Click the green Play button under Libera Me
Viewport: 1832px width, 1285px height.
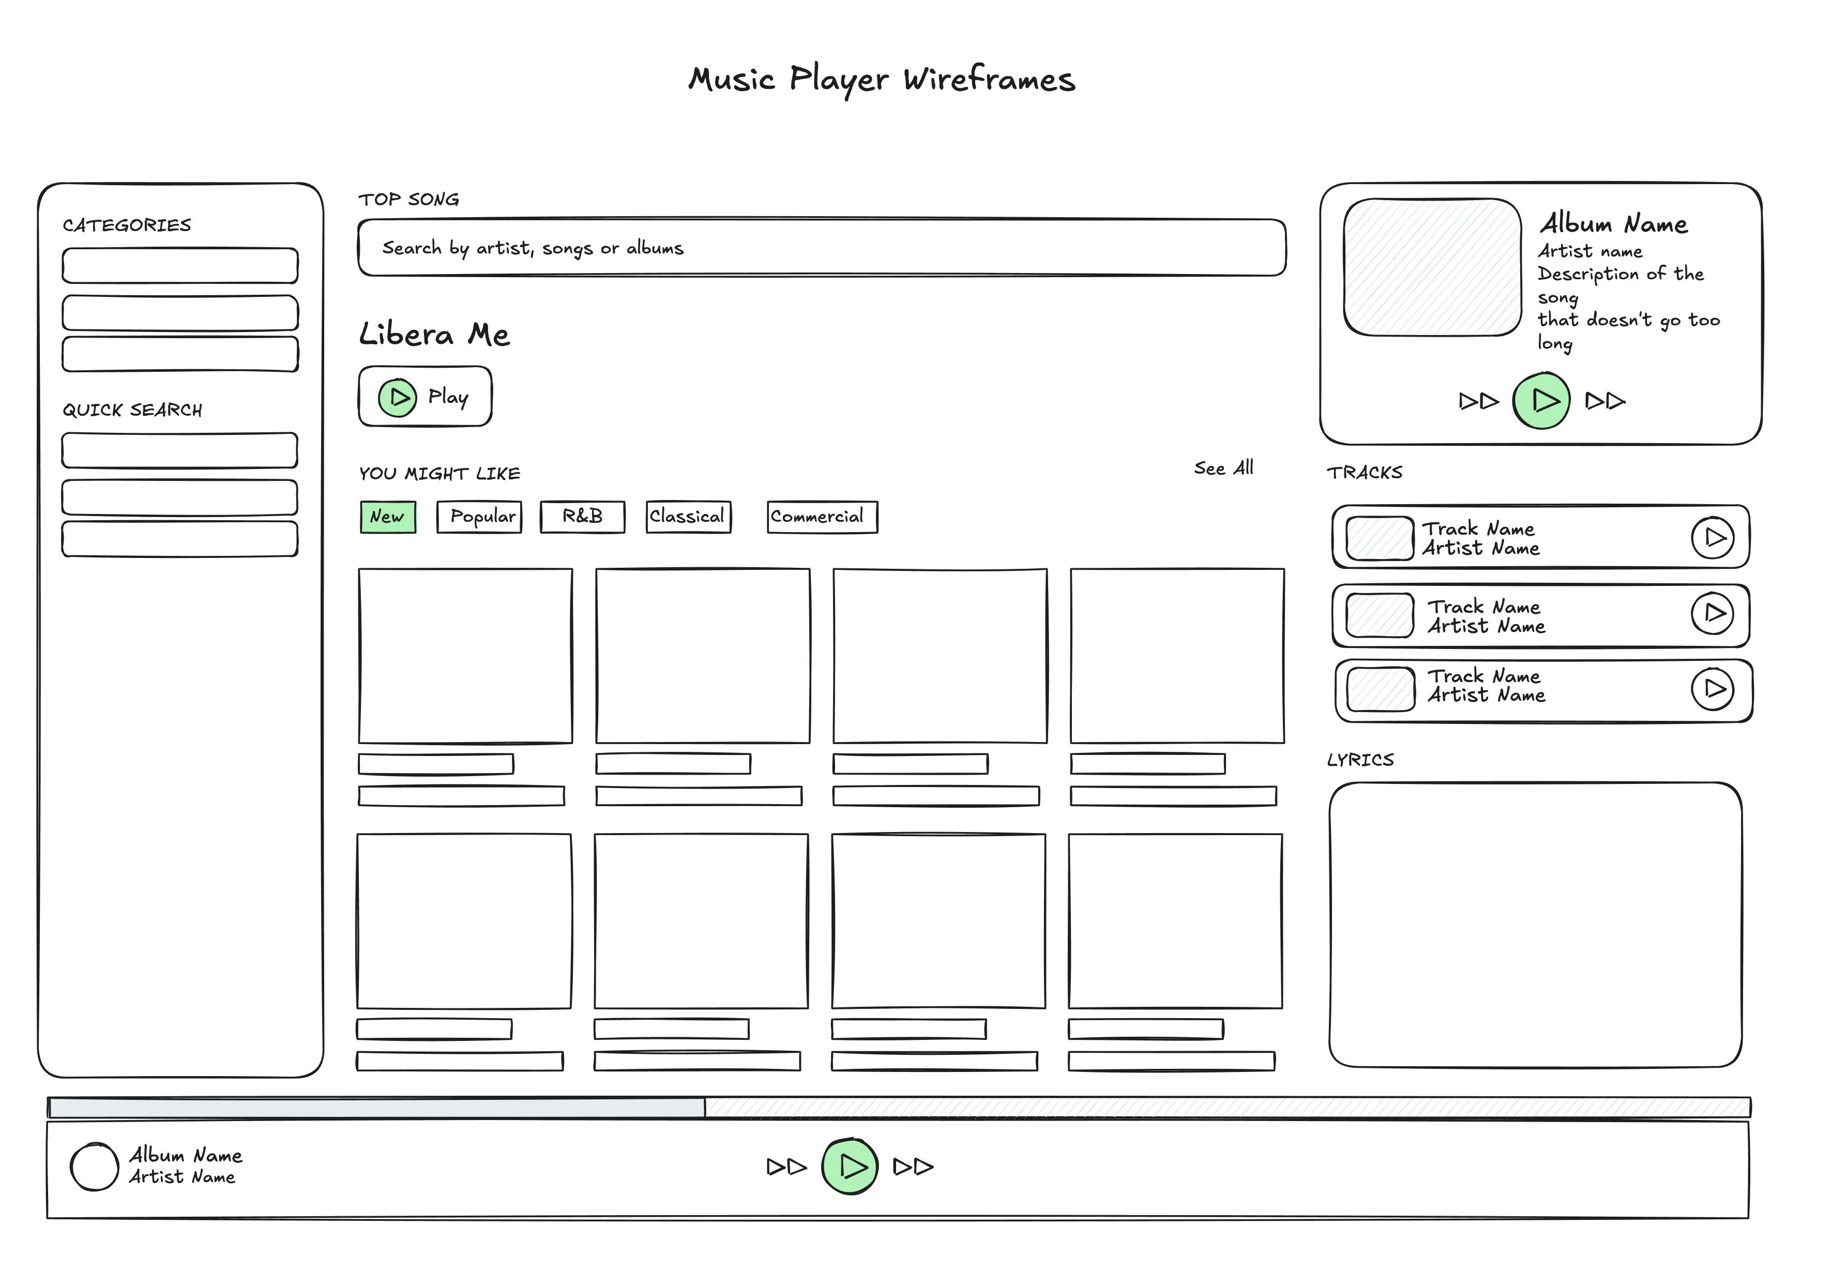tap(397, 398)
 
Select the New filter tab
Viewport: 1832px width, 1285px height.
tap(388, 517)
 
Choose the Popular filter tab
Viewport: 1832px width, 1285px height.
tap(479, 517)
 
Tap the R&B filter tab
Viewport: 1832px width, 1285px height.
tap(582, 517)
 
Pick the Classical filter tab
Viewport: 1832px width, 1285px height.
tap(688, 517)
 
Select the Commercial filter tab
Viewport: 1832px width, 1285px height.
tap(822, 517)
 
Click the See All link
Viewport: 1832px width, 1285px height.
tap(1223, 468)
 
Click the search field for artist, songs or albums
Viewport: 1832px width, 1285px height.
tap(822, 248)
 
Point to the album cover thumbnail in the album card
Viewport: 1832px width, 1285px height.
tap(1432, 267)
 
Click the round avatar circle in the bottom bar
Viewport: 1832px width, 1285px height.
tap(94, 1167)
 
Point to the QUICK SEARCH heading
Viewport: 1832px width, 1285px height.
tap(132, 410)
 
